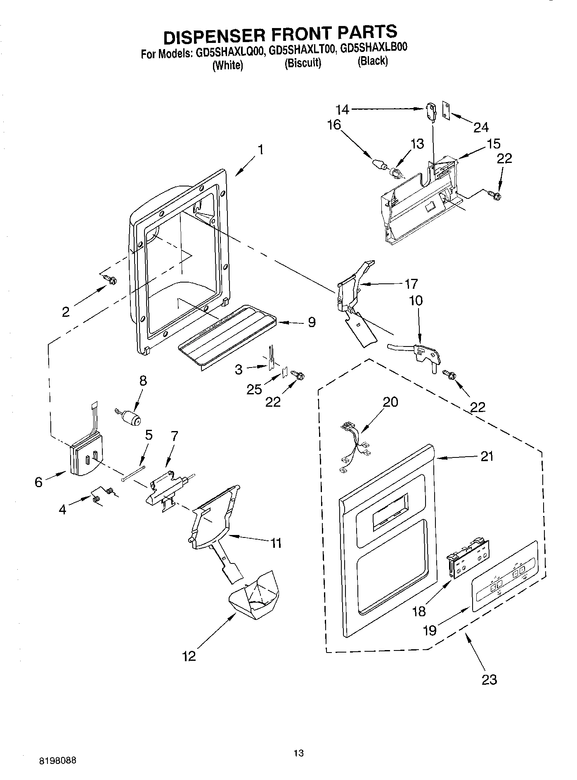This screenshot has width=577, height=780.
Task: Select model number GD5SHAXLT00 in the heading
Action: pyautogui.click(x=302, y=51)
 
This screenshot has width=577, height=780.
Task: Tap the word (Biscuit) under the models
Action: pyautogui.click(x=303, y=63)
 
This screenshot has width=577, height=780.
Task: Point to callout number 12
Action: pyautogui.click(x=189, y=656)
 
